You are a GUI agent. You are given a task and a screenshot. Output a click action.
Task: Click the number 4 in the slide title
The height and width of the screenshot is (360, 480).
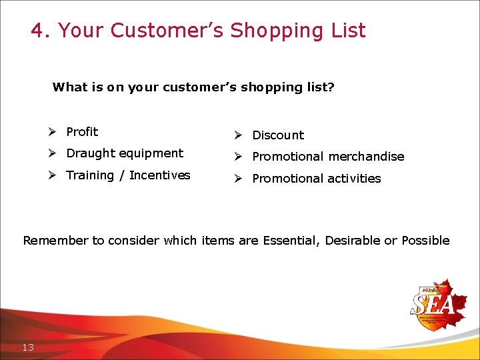(x=38, y=31)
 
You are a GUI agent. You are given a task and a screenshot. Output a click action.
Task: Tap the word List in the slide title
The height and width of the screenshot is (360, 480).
(x=348, y=31)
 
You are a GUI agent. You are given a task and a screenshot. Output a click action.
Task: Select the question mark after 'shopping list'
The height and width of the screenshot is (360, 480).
(x=331, y=87)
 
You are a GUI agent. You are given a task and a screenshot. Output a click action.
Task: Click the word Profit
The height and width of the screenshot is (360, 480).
(x=82, y=132)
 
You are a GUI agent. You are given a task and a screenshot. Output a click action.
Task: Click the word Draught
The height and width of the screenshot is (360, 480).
(x=91, y=153)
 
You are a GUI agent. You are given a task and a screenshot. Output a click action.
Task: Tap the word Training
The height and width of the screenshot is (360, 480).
(x=90, y=175)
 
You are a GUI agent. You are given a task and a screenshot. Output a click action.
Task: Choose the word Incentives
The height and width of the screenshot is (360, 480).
(x=160, y=175)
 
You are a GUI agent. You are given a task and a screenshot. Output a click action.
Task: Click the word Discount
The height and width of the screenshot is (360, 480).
(x=278, y=135)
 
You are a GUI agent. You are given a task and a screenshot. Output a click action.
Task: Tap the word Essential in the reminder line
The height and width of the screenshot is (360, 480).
(x=290, y=241)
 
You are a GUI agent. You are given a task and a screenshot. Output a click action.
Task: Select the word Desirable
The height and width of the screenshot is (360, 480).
(x=353, y=241)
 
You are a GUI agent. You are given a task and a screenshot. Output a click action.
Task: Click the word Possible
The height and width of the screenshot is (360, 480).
(x=425, y=241)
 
